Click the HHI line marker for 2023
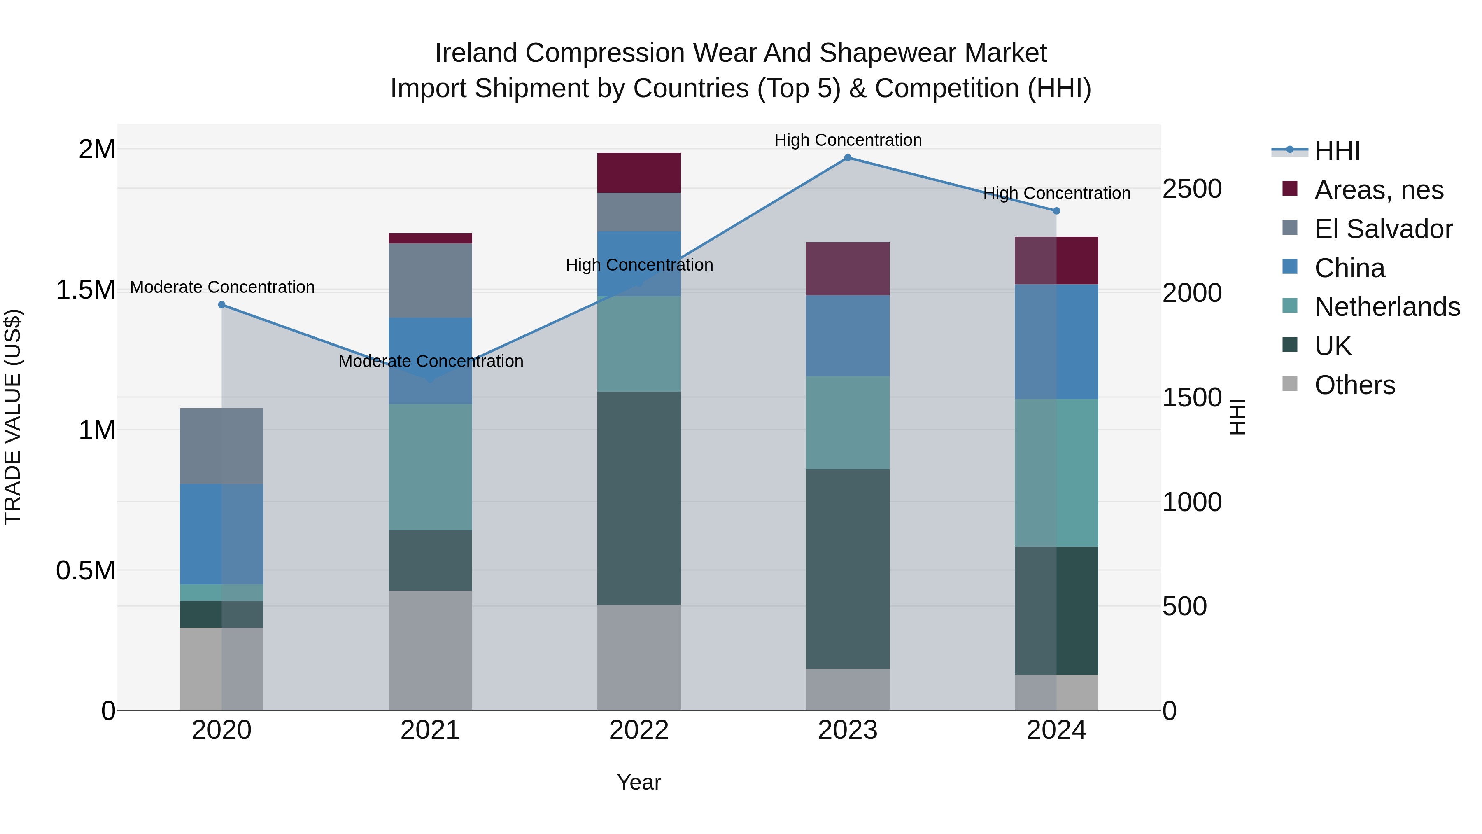[848, 158]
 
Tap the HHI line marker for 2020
[221, 305]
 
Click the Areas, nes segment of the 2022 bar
[638, 173]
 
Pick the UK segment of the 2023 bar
[848, 569]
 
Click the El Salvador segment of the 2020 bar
[221, 446]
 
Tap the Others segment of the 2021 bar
[430, 650]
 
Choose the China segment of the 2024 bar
[1056, 341]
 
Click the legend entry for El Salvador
[1383, 229]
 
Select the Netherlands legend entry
[1387, 307]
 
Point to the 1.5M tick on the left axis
[85, 290]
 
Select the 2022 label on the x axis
[638, 730]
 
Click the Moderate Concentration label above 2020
[222, 287]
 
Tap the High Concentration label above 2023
[848, 140]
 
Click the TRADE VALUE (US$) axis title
[13, 417]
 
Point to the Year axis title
[638, 782]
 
